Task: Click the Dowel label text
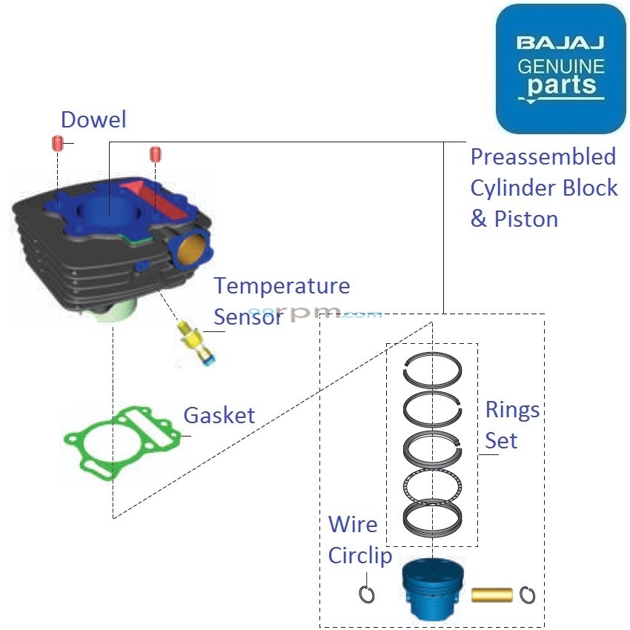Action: pyautogui.click(x=93, y=120)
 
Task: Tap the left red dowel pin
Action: pyautogui.click(x=56, y=142)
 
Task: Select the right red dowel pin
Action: pyautogui.click(x=155, y=154)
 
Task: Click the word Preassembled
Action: pyautogui.click(x=543, y=157)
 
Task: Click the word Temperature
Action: pyautogui.click(x=282, y=285)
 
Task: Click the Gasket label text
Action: pyautogui.click(x=219, y=415)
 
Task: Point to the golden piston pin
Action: pyautogui.click(x=492, y=594)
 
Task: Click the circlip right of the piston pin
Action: pyautogui.click(x=528, y=594)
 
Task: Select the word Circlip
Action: pyautogui.click(x=360, y=556)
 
